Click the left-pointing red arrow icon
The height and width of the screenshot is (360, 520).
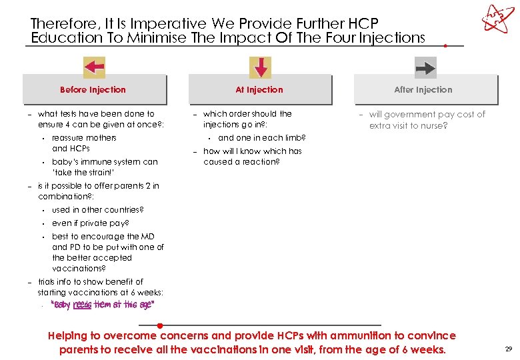pyautogui.click(x=94, y=67)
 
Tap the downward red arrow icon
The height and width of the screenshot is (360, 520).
pyautogui.click(x=260, y=67)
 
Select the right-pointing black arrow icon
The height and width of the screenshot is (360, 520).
pyautogui.click(x=425, y=67)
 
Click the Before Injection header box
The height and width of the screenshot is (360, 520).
pyautogui.click(x=93, y=90)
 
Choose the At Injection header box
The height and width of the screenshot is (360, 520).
pyautogui.click(x=259, y=90)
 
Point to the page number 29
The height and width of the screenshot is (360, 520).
pyautogui.click(x=509, y=349)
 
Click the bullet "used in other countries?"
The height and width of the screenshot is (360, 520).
pyautogui.click(x=98, y=210)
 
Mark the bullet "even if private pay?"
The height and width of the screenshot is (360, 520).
pyautogui.click(x=91, y=223)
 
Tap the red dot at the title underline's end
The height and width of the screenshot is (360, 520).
pyautogui.click(x=445, y=46)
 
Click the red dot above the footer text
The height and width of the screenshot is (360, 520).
pyautogui.click(x=160, y=326)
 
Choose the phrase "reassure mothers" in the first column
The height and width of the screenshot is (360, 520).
pyautogui.click(x=84, y=138)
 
